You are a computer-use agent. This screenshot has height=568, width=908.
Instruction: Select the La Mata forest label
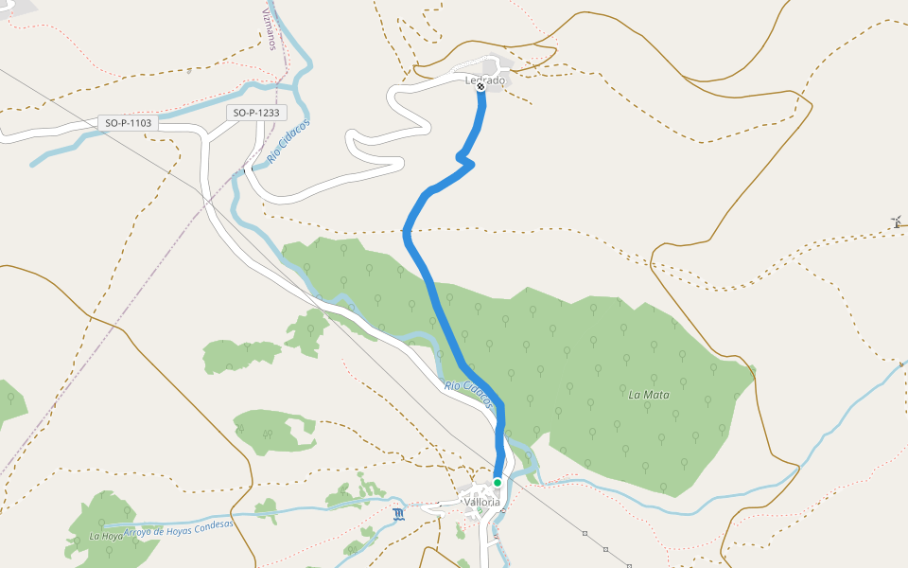(649, 393)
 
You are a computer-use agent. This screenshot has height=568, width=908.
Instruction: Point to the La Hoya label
(106, 536)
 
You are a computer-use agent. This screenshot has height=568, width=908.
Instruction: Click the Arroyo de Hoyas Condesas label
(178, 528)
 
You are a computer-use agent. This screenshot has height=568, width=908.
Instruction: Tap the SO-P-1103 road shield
(128, 123)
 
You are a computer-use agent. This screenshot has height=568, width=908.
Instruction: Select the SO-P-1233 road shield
(257, 114)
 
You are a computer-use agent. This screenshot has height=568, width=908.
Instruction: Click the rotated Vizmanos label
(269, 27)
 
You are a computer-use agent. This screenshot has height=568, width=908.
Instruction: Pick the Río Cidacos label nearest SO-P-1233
(288, 143)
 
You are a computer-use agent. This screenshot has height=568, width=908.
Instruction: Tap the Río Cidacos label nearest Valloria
(468, 394)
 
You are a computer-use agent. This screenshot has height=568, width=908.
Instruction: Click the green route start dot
(498, 483)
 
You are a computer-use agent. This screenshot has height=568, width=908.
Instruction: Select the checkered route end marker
(480, 86)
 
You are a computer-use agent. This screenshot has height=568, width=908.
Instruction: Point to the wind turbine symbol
(896, 222)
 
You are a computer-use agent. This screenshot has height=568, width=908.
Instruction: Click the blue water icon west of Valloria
(398, 515)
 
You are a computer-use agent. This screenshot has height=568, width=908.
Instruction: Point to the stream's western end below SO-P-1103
(34, 164)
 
